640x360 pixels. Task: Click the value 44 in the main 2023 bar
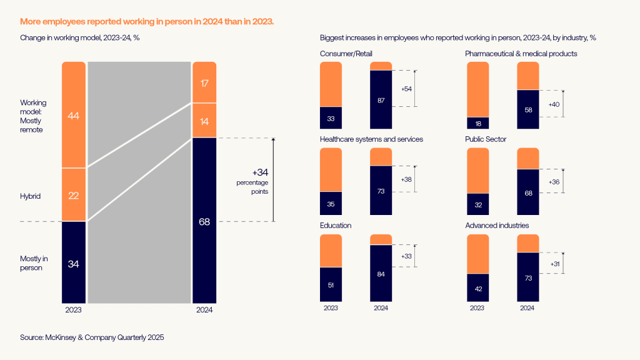[73, 116]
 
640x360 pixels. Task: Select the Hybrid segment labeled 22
[73, 196]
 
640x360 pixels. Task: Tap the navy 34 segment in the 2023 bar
[73, 264]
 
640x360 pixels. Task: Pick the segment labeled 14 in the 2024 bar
[204, 121]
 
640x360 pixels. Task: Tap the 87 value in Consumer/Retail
[381, 101]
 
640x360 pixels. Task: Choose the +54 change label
[406, 89]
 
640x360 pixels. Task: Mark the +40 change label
[554, 104]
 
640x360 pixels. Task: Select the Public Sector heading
[486, 139]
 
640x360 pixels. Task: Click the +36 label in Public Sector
[554, 182]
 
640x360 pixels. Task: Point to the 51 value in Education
[331, 285]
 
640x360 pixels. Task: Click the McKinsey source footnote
[92, 337]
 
